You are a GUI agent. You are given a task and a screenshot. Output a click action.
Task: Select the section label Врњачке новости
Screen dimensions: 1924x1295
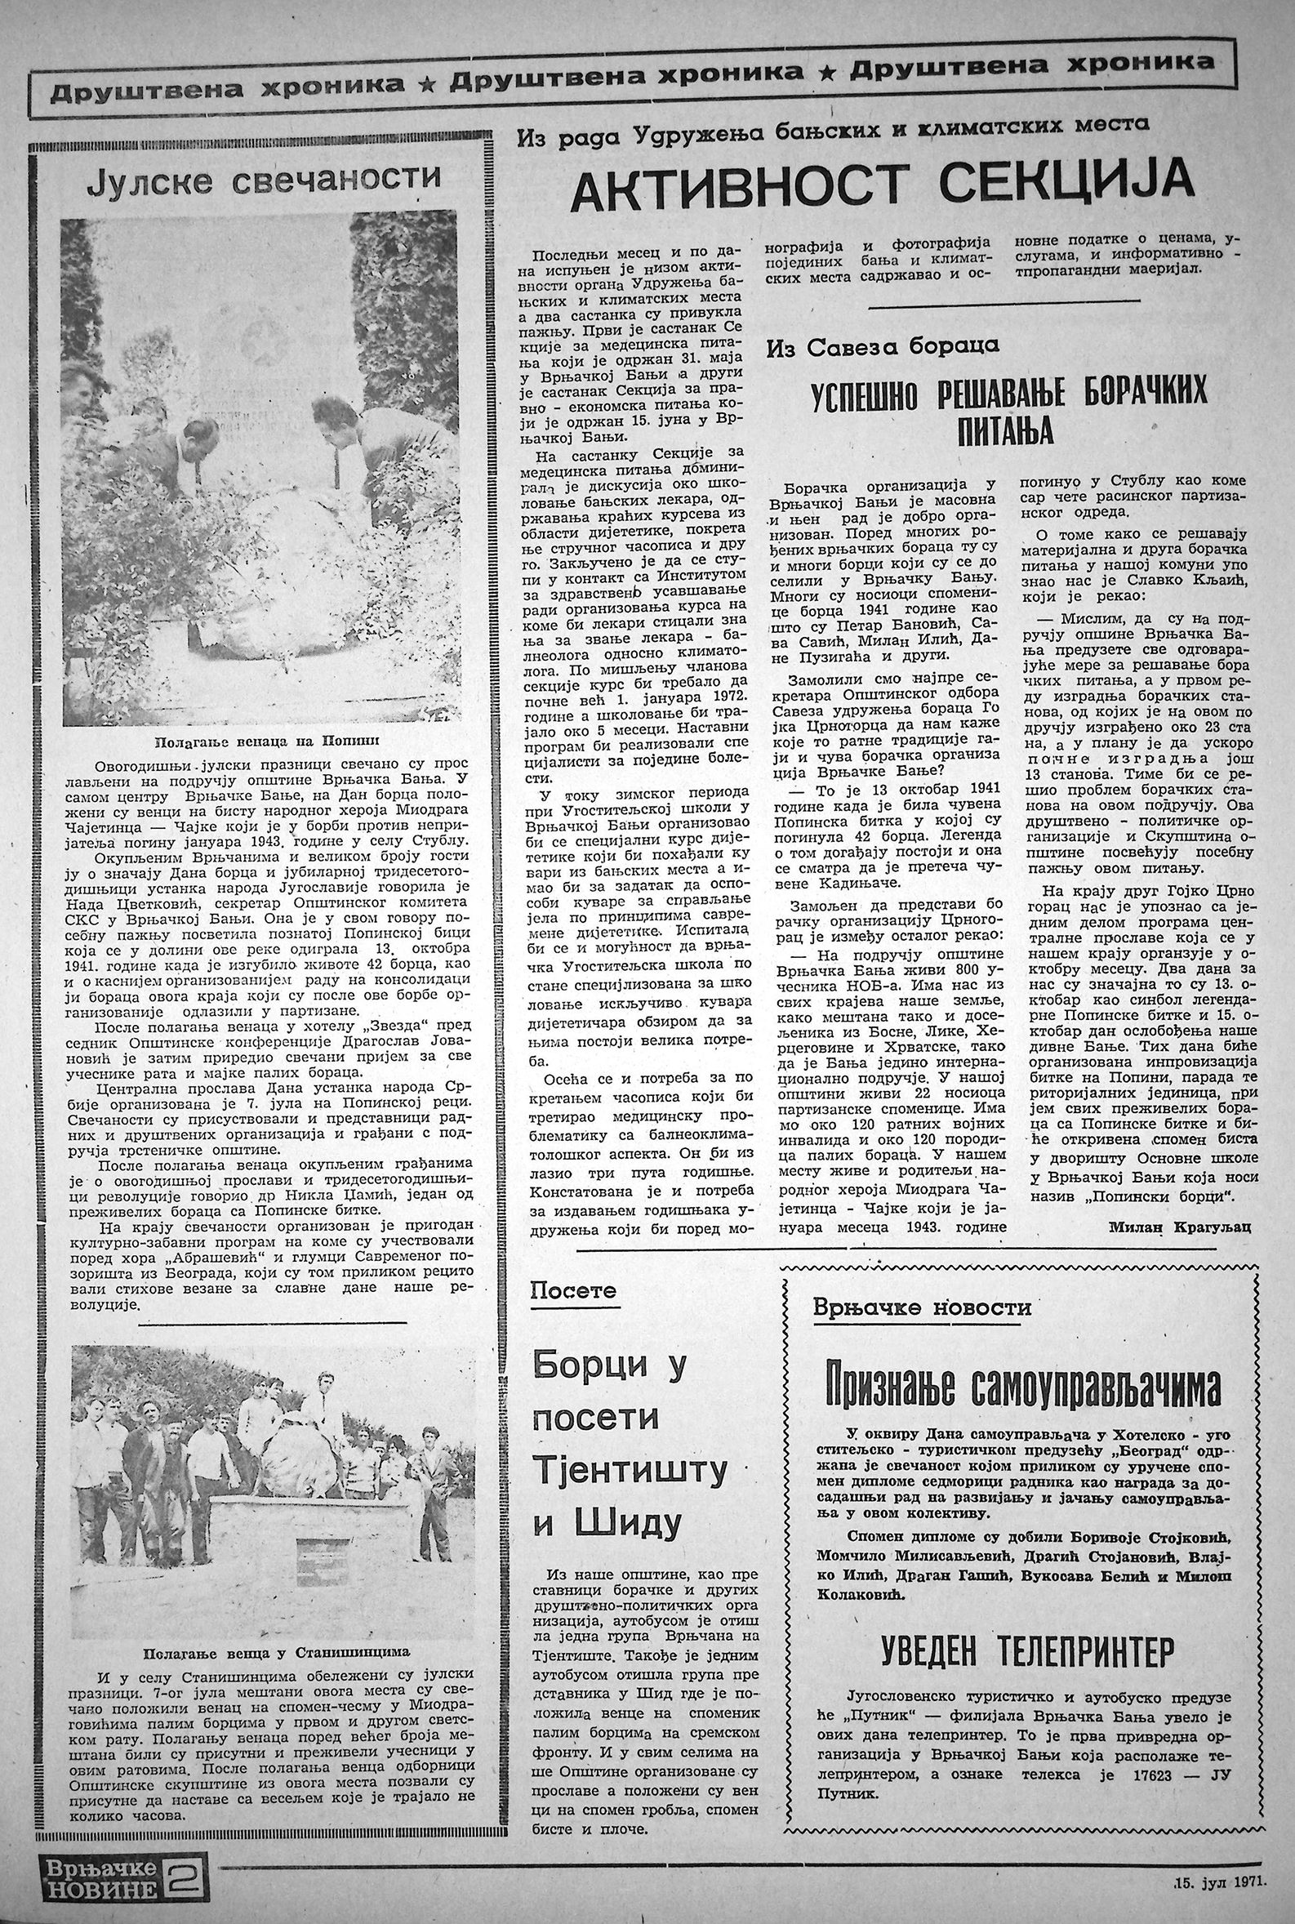coord(922,1307)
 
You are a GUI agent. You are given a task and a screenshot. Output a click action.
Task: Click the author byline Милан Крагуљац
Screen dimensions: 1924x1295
coord(1180,1227)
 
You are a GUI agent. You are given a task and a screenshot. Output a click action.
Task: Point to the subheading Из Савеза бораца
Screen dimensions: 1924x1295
coord(882,348)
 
